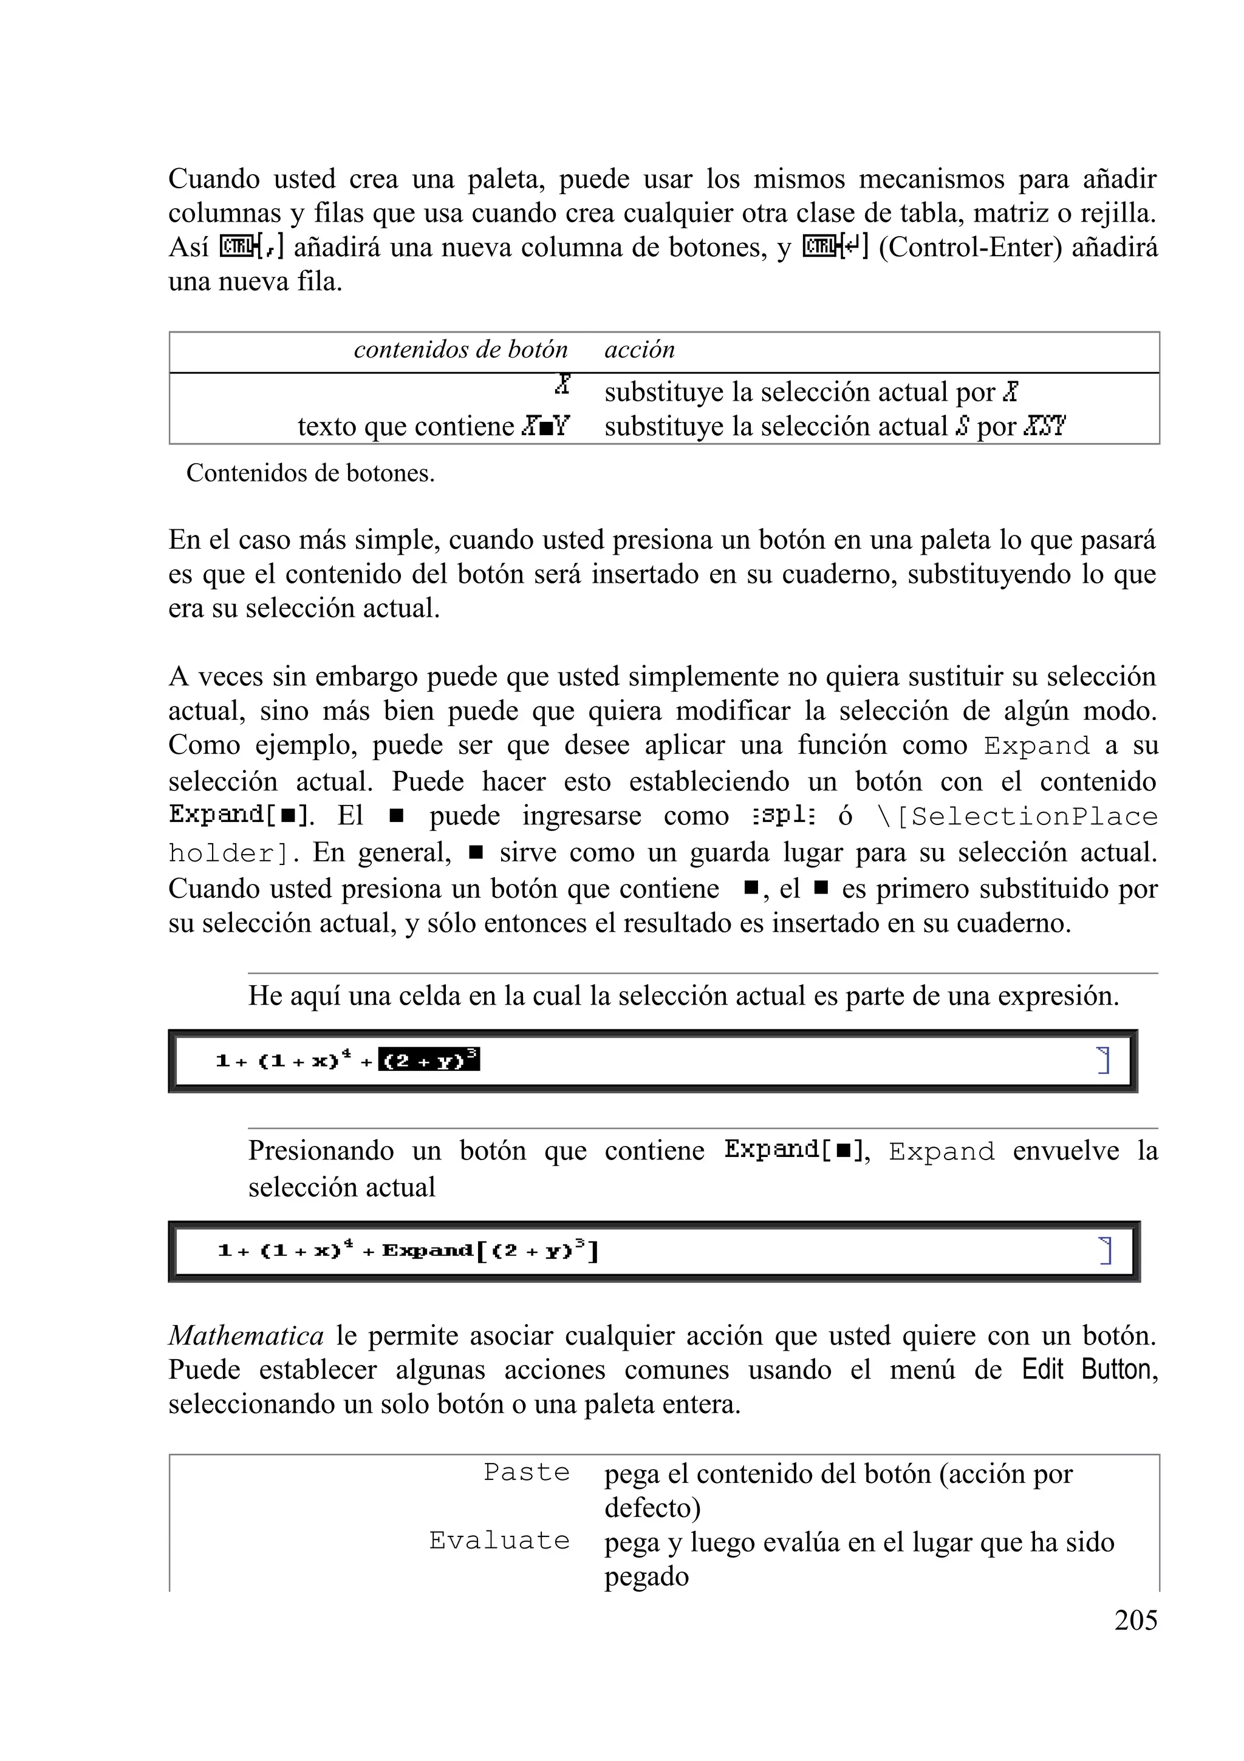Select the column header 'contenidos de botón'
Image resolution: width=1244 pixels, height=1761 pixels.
point(460,350)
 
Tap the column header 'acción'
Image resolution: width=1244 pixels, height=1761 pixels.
point(639,350)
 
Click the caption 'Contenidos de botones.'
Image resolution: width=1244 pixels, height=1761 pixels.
point(310,473)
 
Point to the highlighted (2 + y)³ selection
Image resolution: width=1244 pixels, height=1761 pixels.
point(429,1060)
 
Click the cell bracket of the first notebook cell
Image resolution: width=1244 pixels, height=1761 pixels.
point(1104,1060)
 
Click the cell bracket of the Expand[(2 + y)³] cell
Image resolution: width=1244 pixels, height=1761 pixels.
point(1105,1250)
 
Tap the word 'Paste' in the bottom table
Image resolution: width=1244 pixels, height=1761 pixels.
point(527,1472)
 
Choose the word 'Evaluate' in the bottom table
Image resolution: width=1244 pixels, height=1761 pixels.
point(499,1540)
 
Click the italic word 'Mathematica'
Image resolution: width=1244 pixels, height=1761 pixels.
point(245,1336)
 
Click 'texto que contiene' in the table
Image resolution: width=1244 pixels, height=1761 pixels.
point(405,427)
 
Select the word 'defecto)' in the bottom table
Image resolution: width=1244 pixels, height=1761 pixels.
point(652,1507)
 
